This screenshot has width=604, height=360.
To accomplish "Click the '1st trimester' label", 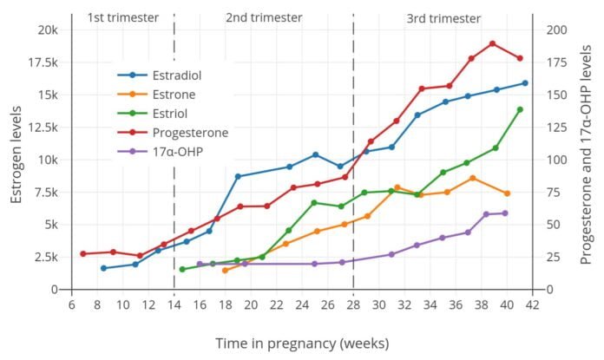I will point(123,17).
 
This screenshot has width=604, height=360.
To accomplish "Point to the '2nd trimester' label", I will point(264,17).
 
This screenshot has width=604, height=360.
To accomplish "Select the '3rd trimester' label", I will point(443,17).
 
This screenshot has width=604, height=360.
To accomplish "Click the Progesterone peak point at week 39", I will point(492,43).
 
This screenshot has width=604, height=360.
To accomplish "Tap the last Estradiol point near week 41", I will point(525,83).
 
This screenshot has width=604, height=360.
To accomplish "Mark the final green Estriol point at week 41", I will point(520,109).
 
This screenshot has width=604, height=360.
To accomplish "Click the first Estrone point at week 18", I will point(225,271).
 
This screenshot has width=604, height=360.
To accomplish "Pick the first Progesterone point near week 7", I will point(83,253).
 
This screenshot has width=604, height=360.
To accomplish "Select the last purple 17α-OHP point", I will point(505,213).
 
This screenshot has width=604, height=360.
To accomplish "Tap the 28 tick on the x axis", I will point(353,304).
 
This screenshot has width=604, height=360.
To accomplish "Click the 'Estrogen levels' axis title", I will point(16,159).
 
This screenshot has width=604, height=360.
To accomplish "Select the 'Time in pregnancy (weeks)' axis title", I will point(301,344).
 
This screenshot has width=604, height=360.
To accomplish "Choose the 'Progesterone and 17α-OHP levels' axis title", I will point(588,159).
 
